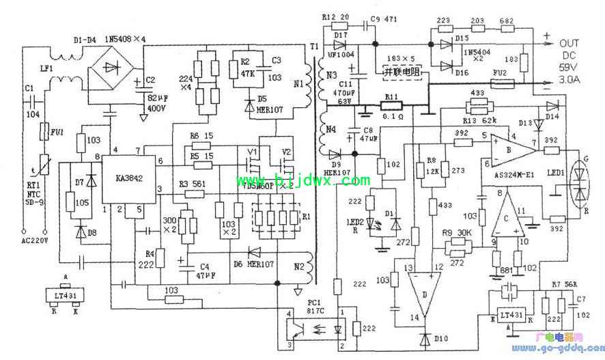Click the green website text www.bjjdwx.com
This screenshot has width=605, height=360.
coord(302,181)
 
